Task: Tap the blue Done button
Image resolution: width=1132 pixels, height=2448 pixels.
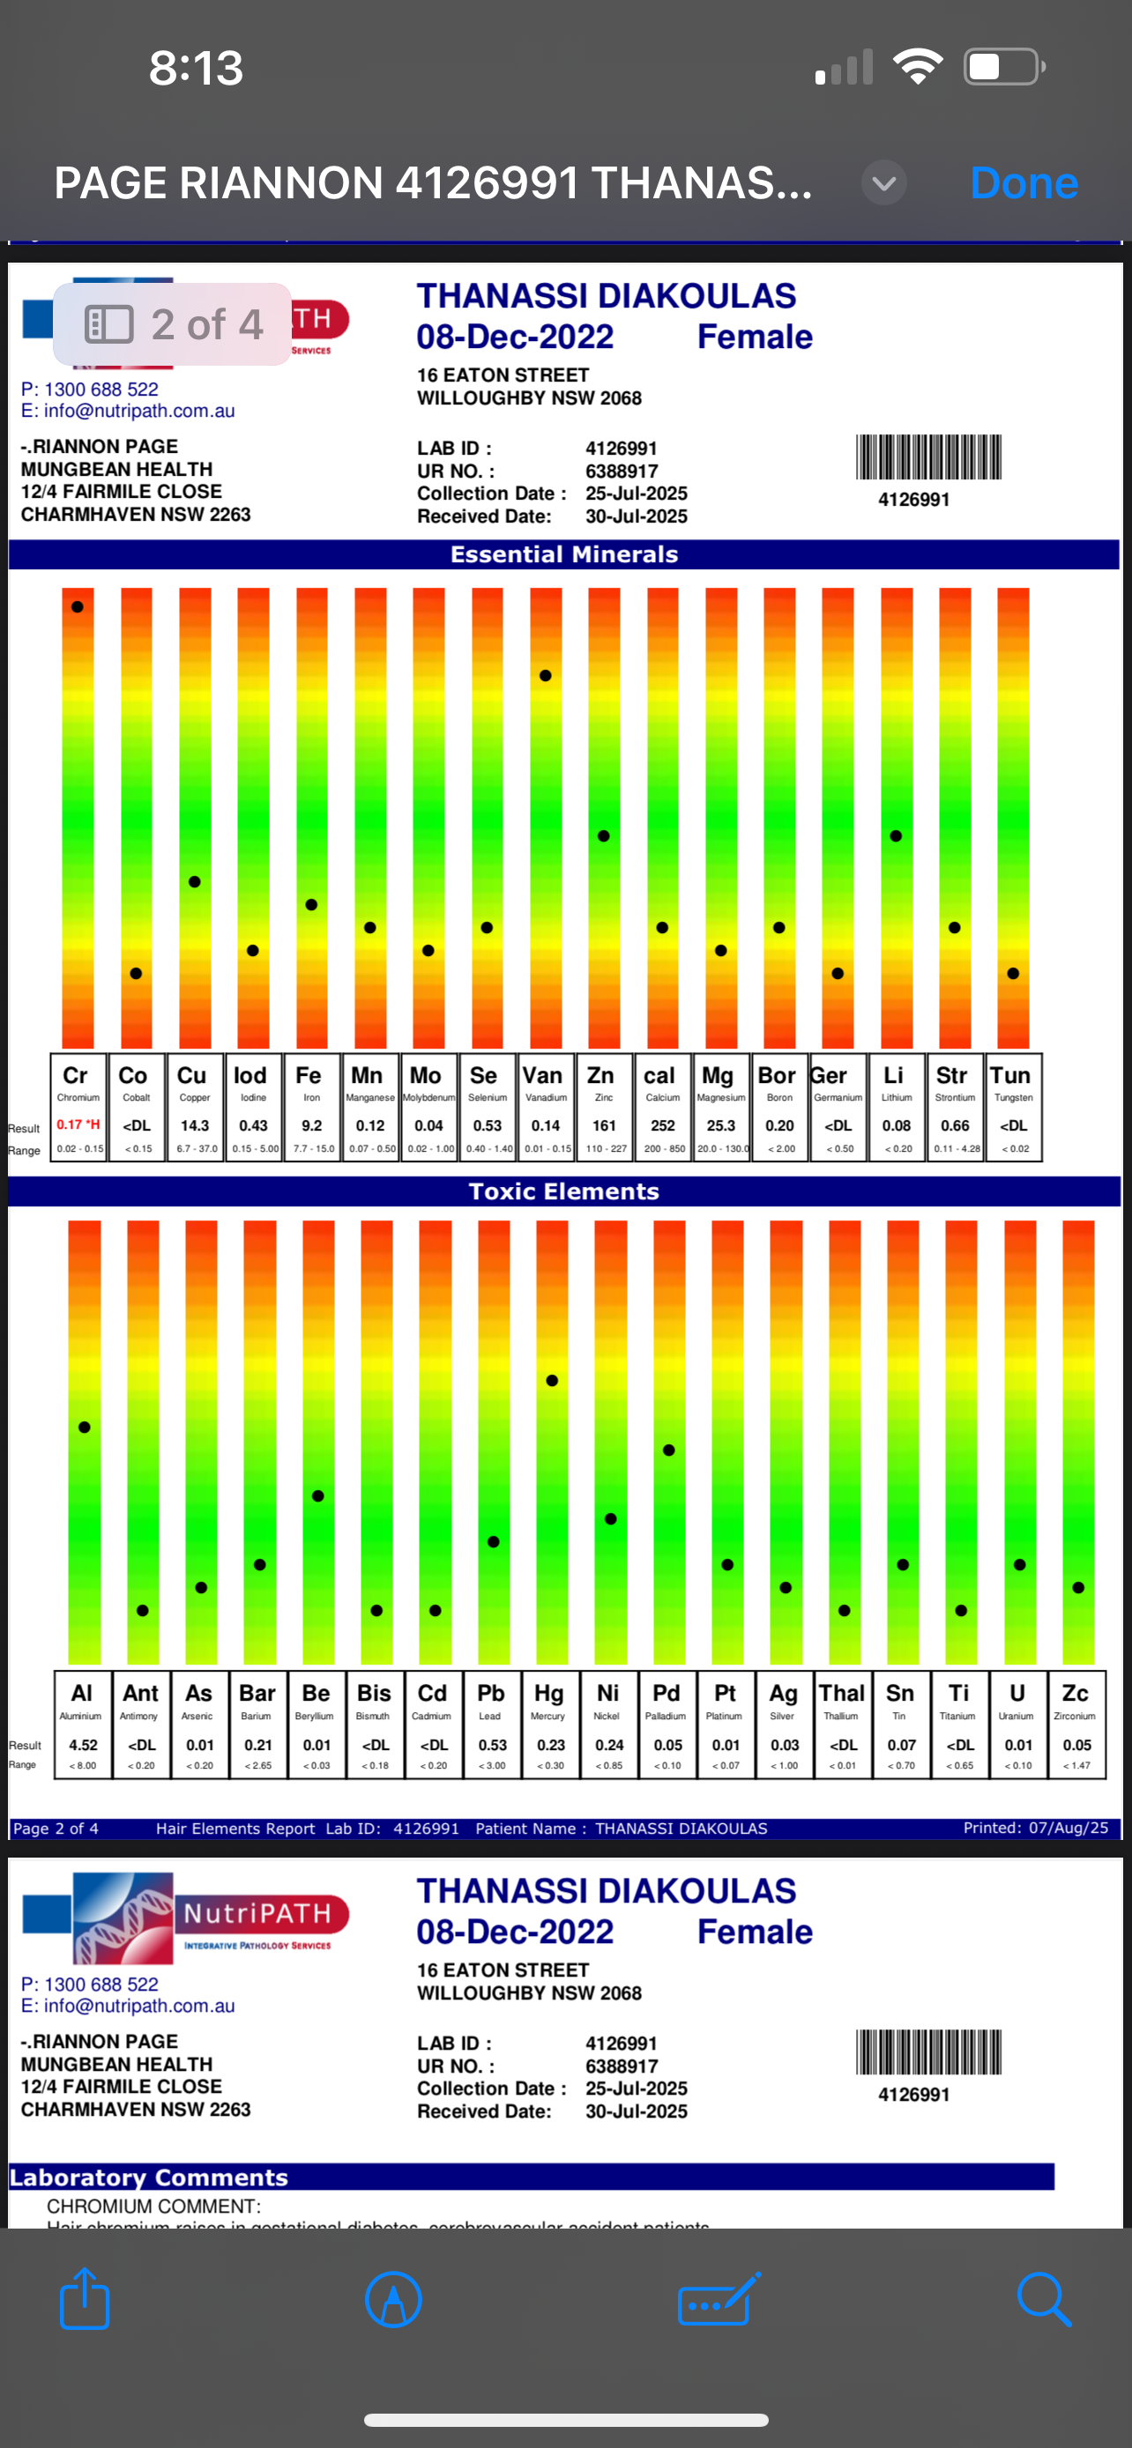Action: pyautogui.click(x=1024, y=182)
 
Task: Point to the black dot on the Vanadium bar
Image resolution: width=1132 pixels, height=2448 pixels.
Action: pyautogui.click(x=546, y=676)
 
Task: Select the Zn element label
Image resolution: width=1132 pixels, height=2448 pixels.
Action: pyautogui.click(x=600, y=1075)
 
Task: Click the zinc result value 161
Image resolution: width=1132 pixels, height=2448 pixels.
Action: pyautogui.click(x=605, y=1125)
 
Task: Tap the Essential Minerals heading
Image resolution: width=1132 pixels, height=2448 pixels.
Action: pyautogui.click(x=563, y=554)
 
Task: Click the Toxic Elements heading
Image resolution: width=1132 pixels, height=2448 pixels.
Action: pyautogui.click(x=563, y=1191)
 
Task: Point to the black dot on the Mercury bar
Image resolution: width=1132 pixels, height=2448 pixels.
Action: pyautogui.click(x=552, y=1381)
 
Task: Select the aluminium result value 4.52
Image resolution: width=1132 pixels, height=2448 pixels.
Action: pyautogui.click(x=84, y=1745)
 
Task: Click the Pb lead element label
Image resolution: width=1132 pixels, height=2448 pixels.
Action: pyautogui.click(x=490, y=1694)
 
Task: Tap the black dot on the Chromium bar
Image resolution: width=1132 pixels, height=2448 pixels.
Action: pyautogui.click(x=77, y=606)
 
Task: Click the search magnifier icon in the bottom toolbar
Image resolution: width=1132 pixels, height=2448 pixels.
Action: pyautogui.click(x=1044, y=2299)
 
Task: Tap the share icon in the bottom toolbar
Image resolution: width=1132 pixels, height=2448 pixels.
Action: pyautogui.click(x=85, y=2299)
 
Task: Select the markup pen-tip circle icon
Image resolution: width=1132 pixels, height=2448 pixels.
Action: pyautogui.click(x=393, y=2299)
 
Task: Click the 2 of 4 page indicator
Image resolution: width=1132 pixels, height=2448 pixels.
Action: pyautogui.click(x=173, y=324)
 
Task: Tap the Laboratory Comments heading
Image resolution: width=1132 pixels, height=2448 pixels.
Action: pyautogui.click(x=149, y=2177)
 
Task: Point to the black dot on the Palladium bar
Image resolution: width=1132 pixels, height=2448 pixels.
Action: pyautogui.click(x=669, y=1450)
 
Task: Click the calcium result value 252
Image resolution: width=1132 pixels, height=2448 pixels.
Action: pyautogui.click(x=662, y=1125)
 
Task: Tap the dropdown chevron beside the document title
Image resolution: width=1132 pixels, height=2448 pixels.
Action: pyautogui.click(x=884, y=183)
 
